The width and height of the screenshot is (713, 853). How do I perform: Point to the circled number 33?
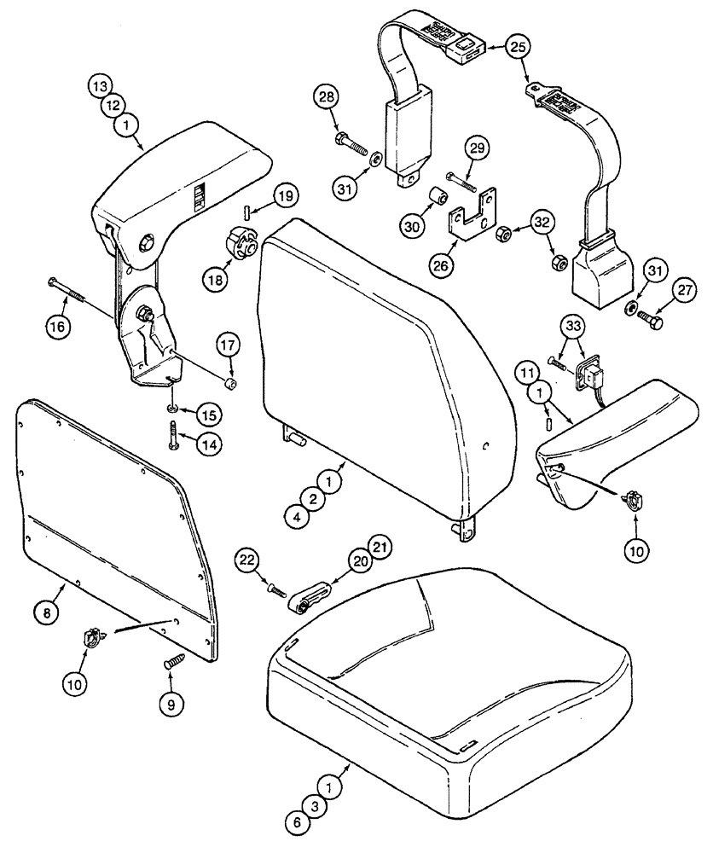tap(574, 325)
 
